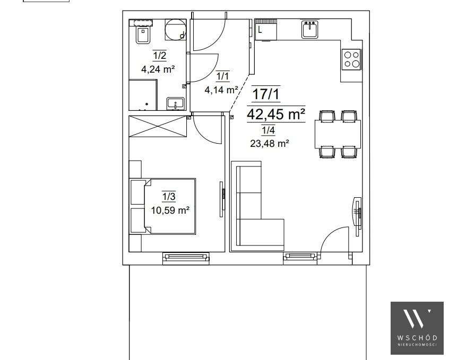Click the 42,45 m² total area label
276,114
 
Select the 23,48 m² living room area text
269,142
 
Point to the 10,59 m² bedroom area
170,210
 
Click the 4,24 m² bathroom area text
158,68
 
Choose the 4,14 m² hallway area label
221,90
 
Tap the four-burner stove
351,58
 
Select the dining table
338,134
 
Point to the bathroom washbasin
175,103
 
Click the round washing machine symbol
174,30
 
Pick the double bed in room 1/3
164,206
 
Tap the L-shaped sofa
255,207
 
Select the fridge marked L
265,30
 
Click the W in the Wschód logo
417,319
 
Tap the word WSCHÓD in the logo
417,338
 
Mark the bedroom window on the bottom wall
186,258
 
